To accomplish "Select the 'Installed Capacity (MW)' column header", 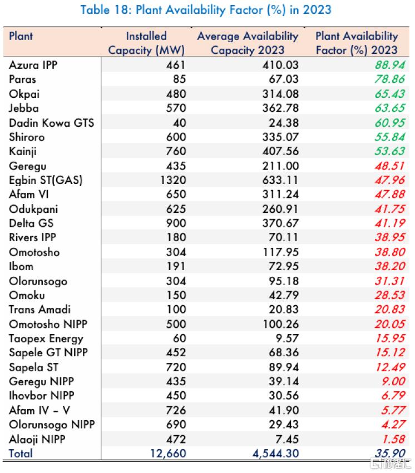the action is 146,43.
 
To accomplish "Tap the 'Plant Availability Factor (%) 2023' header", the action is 357,43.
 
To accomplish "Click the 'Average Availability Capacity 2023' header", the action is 248,43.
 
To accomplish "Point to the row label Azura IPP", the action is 33,65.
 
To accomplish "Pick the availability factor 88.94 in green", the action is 389,65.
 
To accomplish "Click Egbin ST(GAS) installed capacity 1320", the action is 173,180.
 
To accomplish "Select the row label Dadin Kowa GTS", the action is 52,123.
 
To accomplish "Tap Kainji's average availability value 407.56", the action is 280,151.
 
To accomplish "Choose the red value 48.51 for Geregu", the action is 389,166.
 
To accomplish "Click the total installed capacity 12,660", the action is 168,454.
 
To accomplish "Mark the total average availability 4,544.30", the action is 275,454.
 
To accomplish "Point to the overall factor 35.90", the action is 389,453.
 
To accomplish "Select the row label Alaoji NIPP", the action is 37,439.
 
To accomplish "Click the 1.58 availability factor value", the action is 393,439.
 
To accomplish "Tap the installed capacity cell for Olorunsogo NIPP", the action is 176,425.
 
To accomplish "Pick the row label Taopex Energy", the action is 46,338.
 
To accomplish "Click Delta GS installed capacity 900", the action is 176,223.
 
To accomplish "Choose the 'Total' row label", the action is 21,454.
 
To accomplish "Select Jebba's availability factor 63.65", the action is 389,108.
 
